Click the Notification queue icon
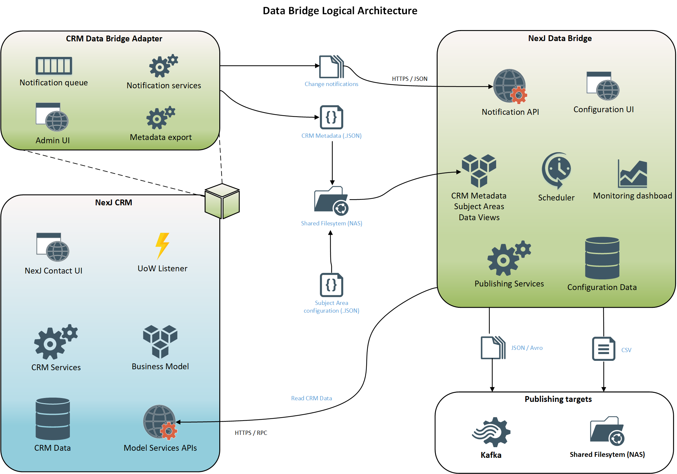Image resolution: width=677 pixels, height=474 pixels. (54, 66)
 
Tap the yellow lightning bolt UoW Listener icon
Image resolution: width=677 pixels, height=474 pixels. (162, 246)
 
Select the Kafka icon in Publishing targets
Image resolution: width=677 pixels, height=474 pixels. (491, 432)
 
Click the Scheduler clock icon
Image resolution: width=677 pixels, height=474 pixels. (556, 170)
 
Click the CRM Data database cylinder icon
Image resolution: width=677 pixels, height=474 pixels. (53, 419)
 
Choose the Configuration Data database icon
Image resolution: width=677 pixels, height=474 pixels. (602, 258)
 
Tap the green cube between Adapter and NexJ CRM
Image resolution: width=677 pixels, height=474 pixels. (222, 201)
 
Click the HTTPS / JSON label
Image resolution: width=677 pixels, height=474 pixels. (409, 79)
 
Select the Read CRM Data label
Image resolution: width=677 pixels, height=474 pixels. (311, 398)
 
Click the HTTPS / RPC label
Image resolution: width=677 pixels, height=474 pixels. (251, 433)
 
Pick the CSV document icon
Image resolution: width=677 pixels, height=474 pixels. (603, 349)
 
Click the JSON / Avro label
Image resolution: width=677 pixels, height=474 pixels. (527, 348)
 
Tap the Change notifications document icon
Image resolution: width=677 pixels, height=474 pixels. (331, 67)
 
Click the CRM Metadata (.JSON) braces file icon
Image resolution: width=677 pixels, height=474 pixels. (331, 117)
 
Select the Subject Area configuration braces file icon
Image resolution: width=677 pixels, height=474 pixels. (331, 285)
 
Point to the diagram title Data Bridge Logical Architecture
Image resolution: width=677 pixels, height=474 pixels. (340, 11)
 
